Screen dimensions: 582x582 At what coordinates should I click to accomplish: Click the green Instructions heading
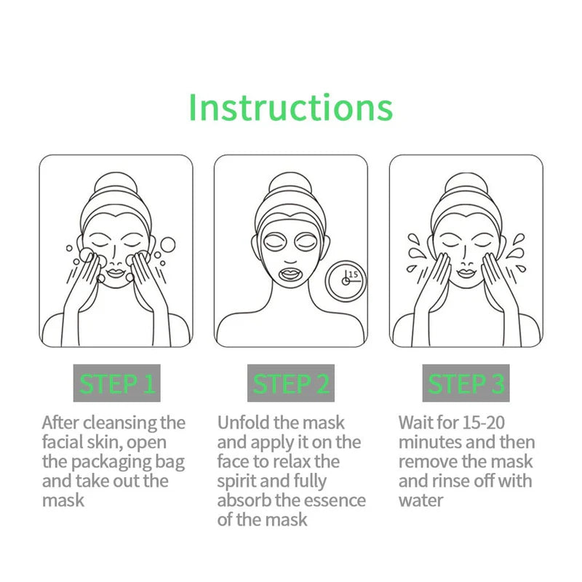[x=290, y=107]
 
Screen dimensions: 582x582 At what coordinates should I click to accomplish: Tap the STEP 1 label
[x=116, y=383]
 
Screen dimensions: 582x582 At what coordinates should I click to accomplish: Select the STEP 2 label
[x=291, y=383]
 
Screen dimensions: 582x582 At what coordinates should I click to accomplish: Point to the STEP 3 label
[x=466, y=383]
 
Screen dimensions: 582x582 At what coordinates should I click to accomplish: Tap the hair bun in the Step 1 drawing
[x=116, y=186]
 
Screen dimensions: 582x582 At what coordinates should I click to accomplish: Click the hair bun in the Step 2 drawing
[x=290, y=186]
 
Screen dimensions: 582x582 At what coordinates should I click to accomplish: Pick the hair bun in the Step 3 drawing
[x=466, y=186]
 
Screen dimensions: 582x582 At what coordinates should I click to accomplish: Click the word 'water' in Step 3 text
[x=421, y=501]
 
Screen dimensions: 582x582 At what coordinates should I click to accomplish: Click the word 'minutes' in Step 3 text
[x=428, y=442]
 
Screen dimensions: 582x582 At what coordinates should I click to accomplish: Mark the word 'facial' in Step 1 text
[x=63, y=442]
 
